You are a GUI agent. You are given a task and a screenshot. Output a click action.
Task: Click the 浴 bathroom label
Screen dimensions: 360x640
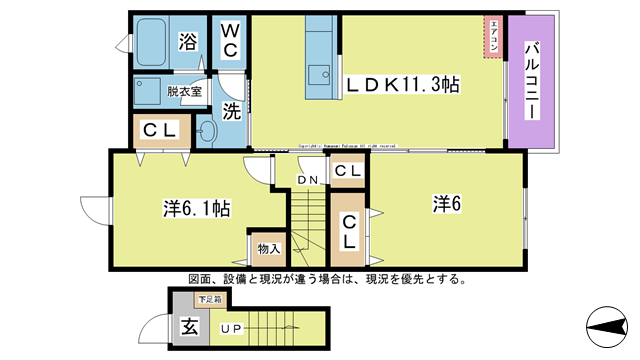click(187, 41)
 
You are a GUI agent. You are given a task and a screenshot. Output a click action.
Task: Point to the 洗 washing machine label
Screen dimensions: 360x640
click(231, 112)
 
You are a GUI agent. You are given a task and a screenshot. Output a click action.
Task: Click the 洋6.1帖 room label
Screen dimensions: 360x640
click(198, 209)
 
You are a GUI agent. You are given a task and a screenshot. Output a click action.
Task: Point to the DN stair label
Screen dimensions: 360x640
click(307, 180)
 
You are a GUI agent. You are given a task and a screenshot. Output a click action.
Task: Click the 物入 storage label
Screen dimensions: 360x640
click(268, 247)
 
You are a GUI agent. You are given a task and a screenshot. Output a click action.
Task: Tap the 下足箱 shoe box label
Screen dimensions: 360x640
click(209, 297)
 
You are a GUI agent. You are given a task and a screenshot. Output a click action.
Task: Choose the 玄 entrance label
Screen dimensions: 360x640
click(188, 326)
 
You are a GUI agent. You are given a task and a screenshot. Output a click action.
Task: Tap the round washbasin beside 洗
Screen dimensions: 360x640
click(207, 129)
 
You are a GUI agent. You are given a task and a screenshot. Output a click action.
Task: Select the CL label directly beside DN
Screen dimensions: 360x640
click(347, 172)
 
